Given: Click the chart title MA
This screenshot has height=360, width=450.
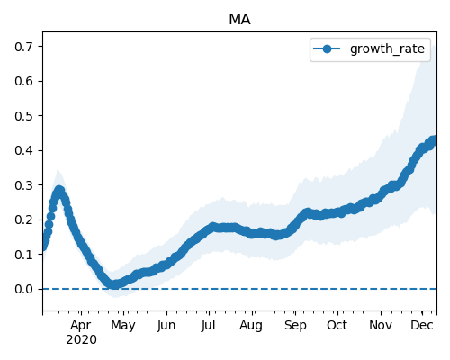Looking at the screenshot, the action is tap(239, 20).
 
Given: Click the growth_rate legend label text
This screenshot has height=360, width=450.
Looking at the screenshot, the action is tap(387, 49).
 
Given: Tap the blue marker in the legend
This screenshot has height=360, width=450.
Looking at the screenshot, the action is tap(327, 49).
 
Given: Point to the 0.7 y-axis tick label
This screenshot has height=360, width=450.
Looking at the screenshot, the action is tap(23, 47).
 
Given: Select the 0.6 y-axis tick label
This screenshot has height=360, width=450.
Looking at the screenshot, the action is tap(23, 81).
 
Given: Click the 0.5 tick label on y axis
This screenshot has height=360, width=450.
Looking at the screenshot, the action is tap(23, 116).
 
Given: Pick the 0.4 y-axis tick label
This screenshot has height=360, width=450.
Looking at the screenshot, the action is tap(23, 150).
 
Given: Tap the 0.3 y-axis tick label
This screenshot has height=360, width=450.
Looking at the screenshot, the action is tap(23, 185).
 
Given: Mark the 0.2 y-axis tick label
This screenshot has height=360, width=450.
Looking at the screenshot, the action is tap(23, 220).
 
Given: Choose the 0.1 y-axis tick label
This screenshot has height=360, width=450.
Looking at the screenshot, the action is tap(23, 255).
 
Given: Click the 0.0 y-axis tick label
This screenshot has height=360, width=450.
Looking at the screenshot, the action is tap(23, 289).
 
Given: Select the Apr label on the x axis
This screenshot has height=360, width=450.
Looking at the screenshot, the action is tap(81, 326).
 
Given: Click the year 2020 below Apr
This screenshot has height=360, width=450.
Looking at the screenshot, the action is tap(81, 340).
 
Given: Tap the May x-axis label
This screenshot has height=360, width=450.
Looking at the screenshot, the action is tap(123, 326).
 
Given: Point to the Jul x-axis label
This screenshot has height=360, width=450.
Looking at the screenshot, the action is tap(208, 325).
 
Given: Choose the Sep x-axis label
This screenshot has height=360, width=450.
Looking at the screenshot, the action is tap(295, 326).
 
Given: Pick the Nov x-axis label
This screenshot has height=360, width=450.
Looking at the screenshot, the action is tap(381, 325).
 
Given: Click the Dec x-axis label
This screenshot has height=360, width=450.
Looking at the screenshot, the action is tap(422, 325).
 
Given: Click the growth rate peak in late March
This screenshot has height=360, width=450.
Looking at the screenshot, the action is tap(59, 191).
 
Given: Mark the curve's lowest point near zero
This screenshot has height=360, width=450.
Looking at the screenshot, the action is tap(114, 284).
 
